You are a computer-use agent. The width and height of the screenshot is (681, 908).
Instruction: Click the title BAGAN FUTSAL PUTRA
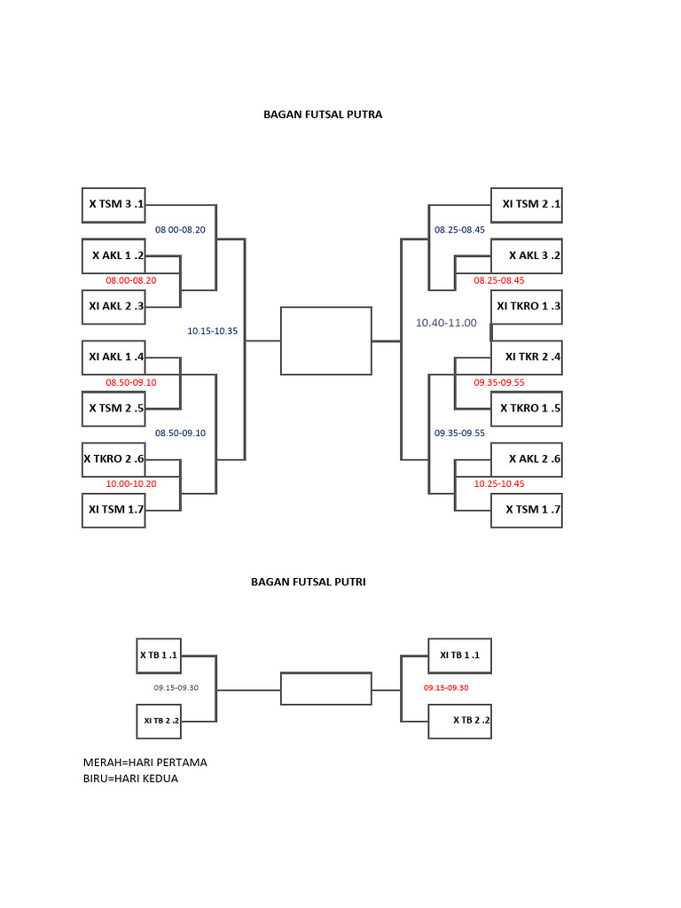(x=323, y=114)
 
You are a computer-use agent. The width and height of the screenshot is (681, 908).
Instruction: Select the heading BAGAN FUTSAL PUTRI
(x=309, y=583)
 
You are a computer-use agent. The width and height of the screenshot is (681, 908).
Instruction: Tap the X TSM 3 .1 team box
(x=113, y=204)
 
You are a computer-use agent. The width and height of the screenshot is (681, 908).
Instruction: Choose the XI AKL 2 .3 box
(x=113, y=307)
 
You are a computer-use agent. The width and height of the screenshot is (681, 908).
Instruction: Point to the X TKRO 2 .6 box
(x=113, y=459)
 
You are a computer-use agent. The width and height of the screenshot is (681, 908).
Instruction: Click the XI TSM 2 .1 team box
(x=527, y=204)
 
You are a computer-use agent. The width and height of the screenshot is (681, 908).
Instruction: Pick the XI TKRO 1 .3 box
(x=527, y=307)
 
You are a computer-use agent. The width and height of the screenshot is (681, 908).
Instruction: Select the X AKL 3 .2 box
(x=527, y=255)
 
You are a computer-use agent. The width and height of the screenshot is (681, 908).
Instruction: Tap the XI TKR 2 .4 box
(x=527, y=357)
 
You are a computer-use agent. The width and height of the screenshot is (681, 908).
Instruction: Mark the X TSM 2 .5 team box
(x=113, y=409)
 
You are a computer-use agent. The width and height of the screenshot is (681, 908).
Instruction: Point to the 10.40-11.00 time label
(x=446, y=324)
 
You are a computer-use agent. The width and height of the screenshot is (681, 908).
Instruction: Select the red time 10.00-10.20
(x=131, y=484)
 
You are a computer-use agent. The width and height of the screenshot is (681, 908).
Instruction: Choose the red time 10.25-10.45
(x=499, y=484)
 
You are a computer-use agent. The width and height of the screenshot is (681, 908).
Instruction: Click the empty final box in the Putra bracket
(x=325, y=340)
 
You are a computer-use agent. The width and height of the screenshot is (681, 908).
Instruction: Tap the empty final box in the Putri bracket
(x=325, y=689)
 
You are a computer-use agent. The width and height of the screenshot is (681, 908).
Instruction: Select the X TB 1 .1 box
(x=159, y=656)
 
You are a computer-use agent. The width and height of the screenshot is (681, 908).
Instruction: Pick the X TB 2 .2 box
(x=459, y=721)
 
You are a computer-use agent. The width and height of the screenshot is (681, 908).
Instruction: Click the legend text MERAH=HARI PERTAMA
(x=145, y=763)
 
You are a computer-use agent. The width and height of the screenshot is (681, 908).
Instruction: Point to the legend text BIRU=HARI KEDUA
(x=130, y=779)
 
